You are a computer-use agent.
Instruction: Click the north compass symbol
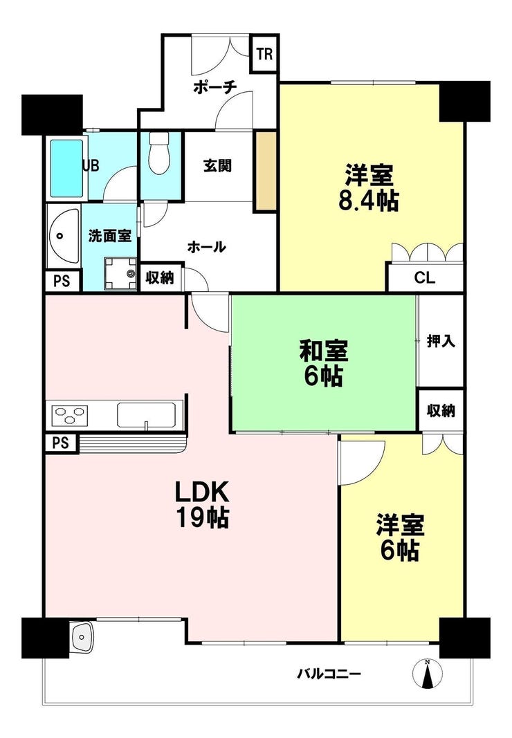(427, 673)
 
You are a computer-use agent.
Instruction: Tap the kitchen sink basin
(147, 415)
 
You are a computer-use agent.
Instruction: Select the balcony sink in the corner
(82, 636)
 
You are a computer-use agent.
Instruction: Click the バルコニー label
(329, 673)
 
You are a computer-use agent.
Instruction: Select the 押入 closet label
(441, 341)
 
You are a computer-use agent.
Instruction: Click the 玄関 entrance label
(217, 166)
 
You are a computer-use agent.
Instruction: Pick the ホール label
(206, 247)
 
